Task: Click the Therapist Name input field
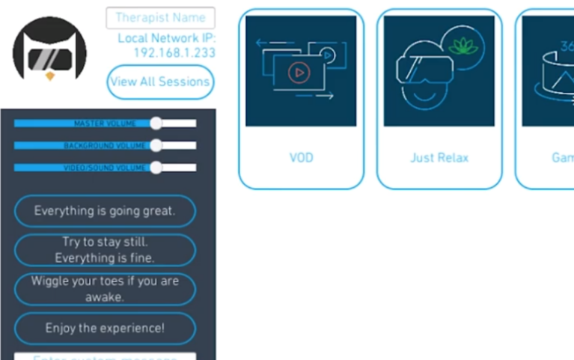[160, 18]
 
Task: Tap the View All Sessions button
[160, 82]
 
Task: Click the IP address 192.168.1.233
[174, 53]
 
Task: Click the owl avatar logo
[49, 51]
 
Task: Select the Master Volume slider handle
[156, 123]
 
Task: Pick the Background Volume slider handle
[156, 145]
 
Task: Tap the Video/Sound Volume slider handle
[156, 168]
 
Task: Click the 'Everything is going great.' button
[105, 211]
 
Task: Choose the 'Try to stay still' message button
[105, 250]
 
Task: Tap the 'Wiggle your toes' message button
[105, 289]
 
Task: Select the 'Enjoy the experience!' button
[105, 328]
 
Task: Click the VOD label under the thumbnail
[301, 158]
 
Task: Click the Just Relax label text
[439, 158]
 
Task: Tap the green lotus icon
[463, 46]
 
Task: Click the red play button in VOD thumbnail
[299, 73]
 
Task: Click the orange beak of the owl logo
[50, 76]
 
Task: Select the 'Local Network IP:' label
[166, 39]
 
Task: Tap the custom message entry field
[105, 356]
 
